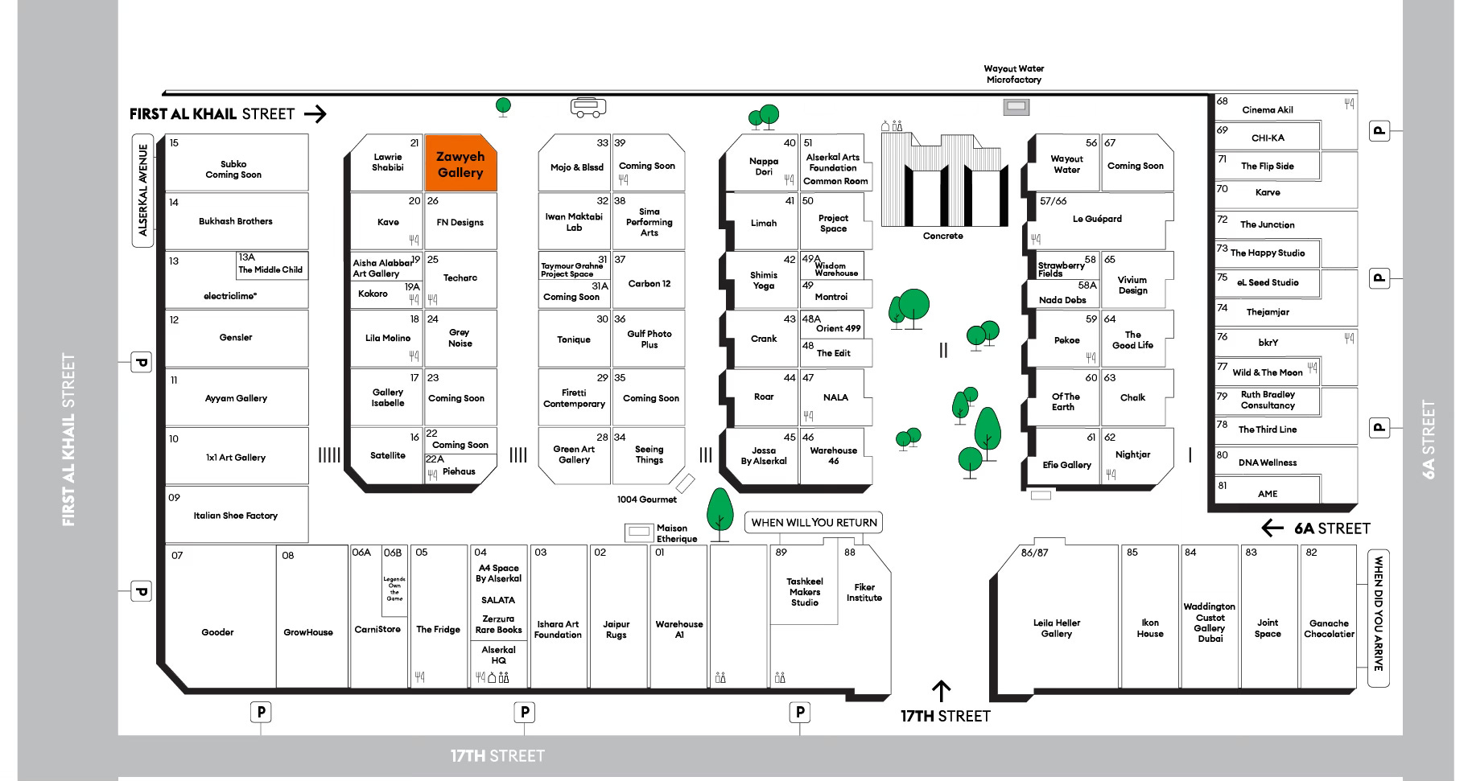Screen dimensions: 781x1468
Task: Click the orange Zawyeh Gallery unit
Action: pos(460,163)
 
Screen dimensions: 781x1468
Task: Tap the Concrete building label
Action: pos(942,236)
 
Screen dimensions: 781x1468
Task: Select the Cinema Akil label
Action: pos(1268,110)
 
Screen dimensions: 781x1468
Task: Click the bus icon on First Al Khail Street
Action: pos(588,107)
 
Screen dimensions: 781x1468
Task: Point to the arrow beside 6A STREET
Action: pos(1272,528)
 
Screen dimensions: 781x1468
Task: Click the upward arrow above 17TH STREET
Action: pos(941,690)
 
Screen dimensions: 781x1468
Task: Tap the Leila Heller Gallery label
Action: pos(1057,628)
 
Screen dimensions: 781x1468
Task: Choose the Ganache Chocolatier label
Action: pos(1329,628)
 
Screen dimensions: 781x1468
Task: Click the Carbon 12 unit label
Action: pos(649,284)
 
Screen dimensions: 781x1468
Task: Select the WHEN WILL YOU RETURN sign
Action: pos(814,523)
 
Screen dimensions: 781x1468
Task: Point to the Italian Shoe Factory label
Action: pos(236,516)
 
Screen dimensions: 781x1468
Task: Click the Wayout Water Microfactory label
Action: pos(1013,74)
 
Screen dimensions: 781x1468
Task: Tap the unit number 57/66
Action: pos(1053,201)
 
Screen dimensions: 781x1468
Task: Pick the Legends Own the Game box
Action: pos(394,588)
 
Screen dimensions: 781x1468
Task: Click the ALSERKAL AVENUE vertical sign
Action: pos(143,190)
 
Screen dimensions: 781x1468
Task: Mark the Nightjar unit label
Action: pos(1132,454)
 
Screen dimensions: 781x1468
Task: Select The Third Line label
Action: pos(1268,430)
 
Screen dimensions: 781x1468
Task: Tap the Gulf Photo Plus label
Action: pos(649,339)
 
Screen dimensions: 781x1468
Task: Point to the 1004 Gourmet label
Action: pos(647,499)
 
